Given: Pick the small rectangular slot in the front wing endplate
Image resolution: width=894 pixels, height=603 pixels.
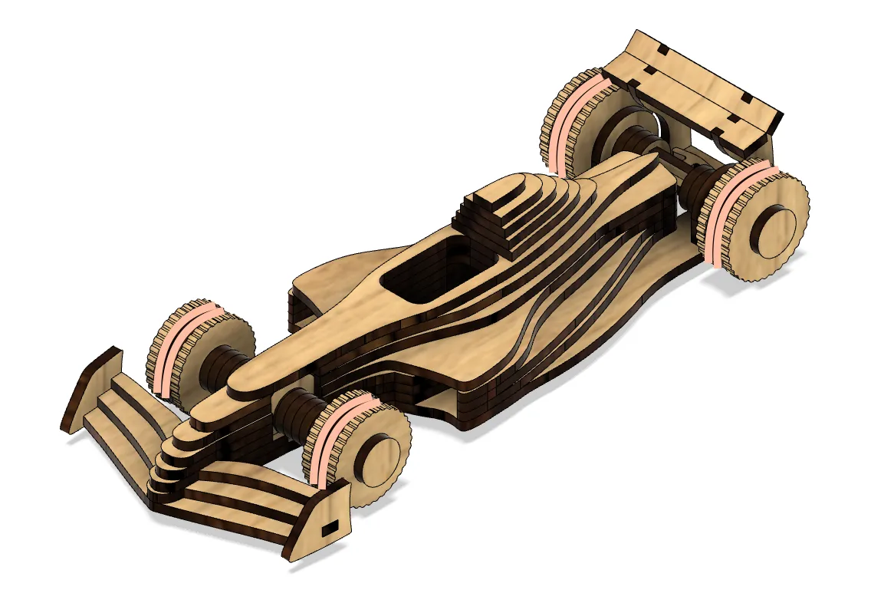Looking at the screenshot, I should [x=329, y=529].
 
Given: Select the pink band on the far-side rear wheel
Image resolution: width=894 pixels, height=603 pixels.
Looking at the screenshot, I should [x=570, y=115].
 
